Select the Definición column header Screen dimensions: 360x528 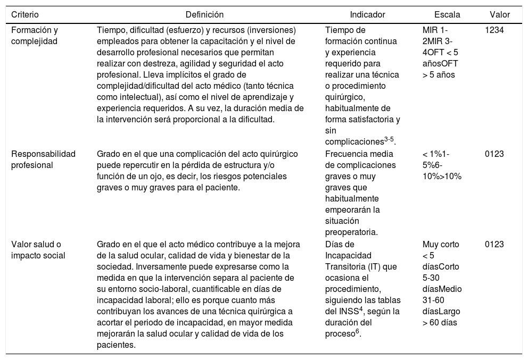coord(204,14)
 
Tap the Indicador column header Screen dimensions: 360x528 coord(367,14)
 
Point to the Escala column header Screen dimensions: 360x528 coord(447,14)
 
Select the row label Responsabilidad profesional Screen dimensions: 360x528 coord(44,159)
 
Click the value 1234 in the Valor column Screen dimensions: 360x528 coord(494,30)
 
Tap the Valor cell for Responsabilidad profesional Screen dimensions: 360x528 coord(494,154)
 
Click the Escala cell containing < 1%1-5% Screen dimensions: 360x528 coord(442,165)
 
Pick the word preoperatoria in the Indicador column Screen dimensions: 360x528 coord(351,232)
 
